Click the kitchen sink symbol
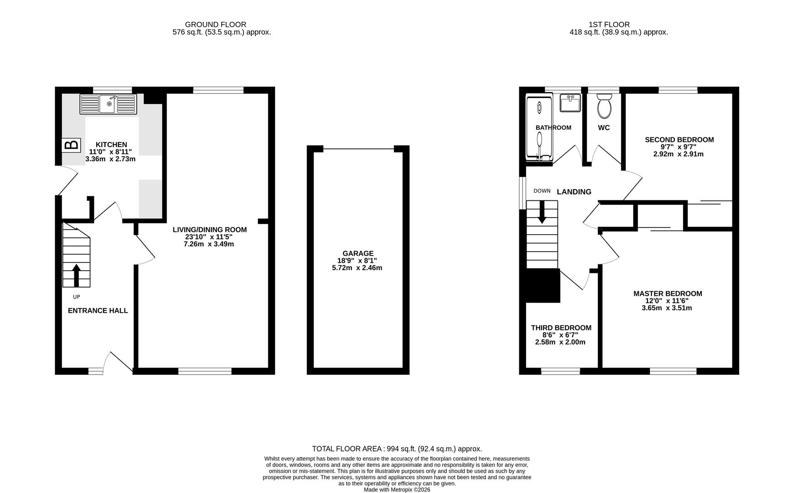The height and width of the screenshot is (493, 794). point(108,104)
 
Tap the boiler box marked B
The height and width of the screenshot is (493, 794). point(71,145)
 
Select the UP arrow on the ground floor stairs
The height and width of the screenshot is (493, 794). point(76,275)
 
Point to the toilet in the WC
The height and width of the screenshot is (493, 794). point(604,106)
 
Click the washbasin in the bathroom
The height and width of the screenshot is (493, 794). point(570,103)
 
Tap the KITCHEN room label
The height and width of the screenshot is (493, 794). point(111,145)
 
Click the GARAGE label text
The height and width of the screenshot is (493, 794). point(358,253)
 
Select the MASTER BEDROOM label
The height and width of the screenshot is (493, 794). point(667,294)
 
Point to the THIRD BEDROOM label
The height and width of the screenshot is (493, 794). point(561,328)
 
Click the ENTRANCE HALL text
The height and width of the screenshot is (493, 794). point(98,311)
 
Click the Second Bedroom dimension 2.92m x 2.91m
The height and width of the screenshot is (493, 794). point(678,154)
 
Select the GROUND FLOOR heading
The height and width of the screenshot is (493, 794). point(215,25)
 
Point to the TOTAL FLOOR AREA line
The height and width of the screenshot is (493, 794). point(397,449)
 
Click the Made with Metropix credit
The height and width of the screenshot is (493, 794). point(397,489)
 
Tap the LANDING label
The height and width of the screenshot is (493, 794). point(574,192)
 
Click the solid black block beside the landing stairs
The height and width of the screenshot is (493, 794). point(543,285)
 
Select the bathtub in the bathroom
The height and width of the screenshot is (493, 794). point(539,128)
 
